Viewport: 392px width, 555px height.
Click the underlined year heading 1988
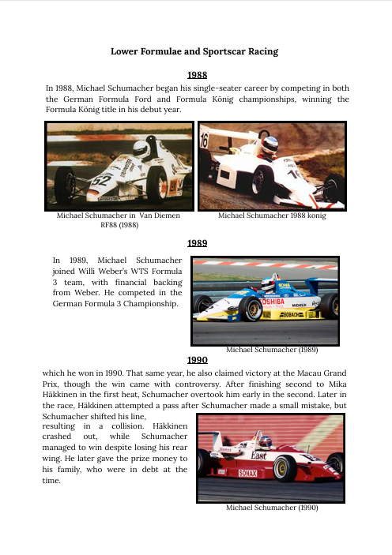tap(196, 75)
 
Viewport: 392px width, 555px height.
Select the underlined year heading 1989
tap(196, 243)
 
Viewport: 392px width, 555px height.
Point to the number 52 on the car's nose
tap(102, 180)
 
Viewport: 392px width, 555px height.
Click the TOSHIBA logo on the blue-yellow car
tap(272, 301)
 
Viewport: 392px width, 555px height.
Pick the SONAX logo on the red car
tap(247, 473)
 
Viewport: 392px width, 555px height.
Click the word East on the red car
tap(258, 456)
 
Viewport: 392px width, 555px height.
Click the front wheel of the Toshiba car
tap(252, 309)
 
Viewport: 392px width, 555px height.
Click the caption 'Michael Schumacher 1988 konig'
tap(271, 215)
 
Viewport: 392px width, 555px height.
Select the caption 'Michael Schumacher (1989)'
tap(272, 348)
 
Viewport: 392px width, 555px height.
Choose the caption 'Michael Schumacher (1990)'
tap(272, 508)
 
